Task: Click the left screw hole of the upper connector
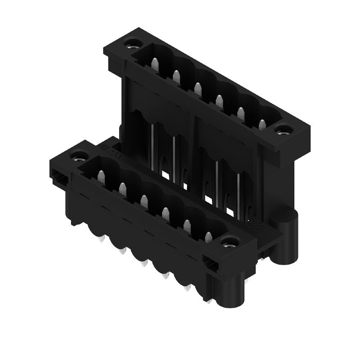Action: point(132,44)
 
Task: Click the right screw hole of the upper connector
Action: point(283,132)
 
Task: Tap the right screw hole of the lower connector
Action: point(230,244)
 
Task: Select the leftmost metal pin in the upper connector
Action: point(154,65)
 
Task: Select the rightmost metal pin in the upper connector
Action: point(262,125)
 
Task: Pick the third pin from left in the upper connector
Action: point(197,87)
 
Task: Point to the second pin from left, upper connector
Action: point(176,77)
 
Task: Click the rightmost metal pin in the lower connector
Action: point(208,237)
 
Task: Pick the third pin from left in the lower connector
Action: point(144,201)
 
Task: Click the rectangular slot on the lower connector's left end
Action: point(58,179)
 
